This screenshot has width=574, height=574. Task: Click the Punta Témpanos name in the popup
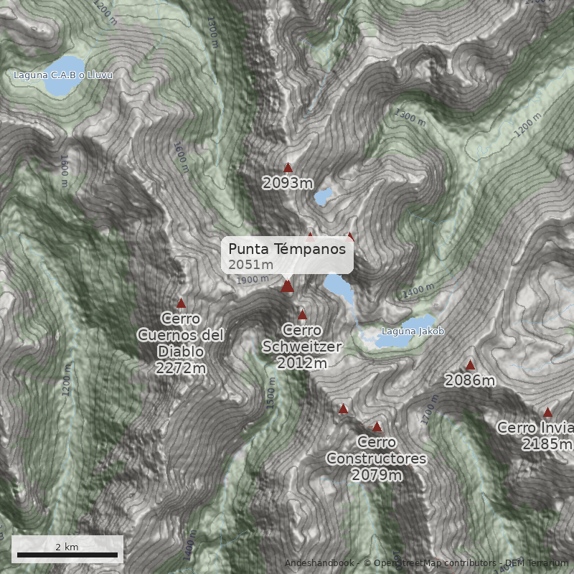[x=287, y=249]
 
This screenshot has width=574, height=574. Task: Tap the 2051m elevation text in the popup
[x=251, y=265]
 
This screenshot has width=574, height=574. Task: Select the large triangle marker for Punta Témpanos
[x=287, y=286]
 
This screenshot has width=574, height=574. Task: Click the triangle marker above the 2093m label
[x=288, y=168]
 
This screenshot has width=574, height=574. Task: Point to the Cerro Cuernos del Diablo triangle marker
[x=181, y=304]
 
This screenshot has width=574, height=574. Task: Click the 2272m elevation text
[x=181, y=368]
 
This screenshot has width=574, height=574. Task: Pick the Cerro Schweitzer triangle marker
[x=302, y=315]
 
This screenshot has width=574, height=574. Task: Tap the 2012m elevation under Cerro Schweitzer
[x=302, y=364]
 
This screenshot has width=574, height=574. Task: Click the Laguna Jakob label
[x=413, y=331]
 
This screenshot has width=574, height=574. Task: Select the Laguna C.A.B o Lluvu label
[x=63, y=75]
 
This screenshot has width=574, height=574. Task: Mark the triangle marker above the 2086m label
[x=470, y=365]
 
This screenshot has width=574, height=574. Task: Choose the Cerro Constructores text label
[x=376, y=450]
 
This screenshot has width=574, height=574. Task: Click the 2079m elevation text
[x=376, y=475]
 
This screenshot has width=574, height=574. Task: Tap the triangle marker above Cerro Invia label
[x=547, y=413]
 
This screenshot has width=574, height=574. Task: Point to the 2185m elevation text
[x=547, y=445]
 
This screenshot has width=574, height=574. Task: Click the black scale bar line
[x=67, y=555]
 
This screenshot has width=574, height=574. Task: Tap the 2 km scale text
[x=67, y=547]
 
